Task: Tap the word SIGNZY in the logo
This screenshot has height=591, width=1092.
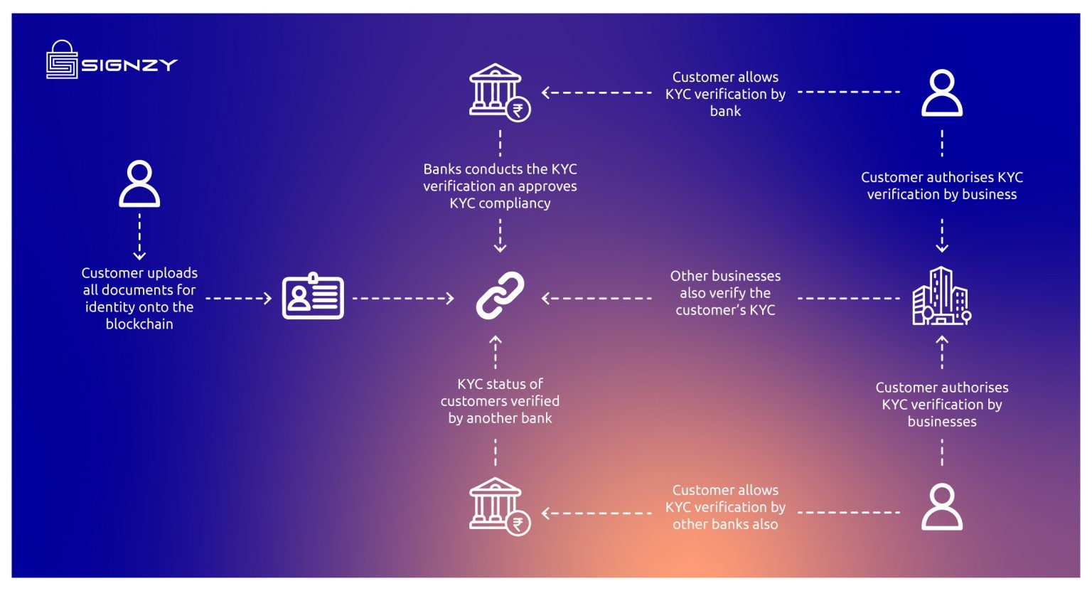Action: pos(129,65)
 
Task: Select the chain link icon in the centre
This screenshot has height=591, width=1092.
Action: pos(500,295)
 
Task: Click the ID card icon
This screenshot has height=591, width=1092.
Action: pos(313,297)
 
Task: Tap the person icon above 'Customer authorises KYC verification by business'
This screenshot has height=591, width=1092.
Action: pos(942,92)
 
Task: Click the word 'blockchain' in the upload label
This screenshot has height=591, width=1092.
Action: pos(139,324)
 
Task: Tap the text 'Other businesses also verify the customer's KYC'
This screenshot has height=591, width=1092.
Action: pos(725,293)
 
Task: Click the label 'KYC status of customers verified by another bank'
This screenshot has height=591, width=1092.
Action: pos(500,401)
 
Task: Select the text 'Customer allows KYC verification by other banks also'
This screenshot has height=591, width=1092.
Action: pos(725,507)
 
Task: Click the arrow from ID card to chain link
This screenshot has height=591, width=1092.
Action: pos(402,299)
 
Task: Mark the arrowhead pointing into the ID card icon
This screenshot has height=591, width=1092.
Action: pos(267,299)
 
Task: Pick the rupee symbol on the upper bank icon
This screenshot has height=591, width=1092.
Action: pos(518,110)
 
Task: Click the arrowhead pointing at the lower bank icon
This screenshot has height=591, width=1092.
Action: pos(546,513)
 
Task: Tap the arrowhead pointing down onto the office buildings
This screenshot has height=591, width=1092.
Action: pos(942,247)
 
